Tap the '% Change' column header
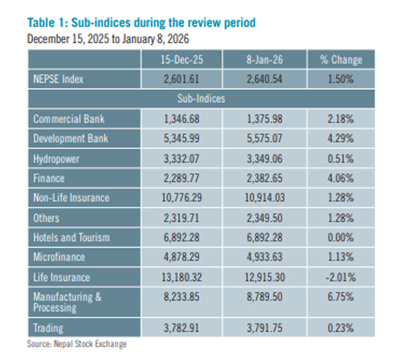(341, 60)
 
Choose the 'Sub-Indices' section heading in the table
(199, 99)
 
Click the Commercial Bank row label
(69, 120)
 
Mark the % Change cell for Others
(341, 218)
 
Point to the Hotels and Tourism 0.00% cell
(341, 237)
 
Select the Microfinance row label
(60, 257)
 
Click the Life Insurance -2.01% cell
(341, 277)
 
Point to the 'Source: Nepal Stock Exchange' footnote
(76, 343)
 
